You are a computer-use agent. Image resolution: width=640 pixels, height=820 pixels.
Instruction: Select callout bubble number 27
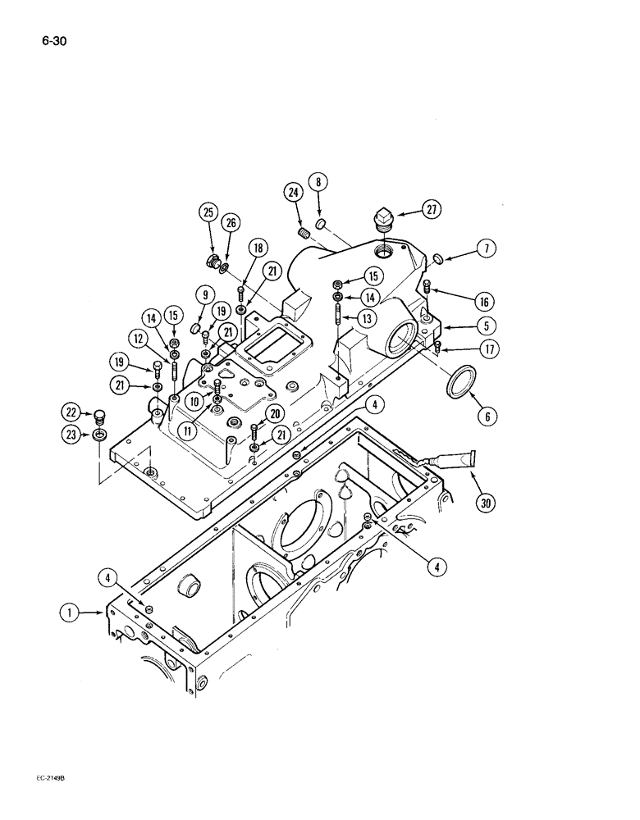pos(430,210)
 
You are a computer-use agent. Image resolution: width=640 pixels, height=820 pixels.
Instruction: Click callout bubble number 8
pos(318,182)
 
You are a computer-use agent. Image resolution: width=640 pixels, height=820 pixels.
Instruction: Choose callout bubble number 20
pos(275,415)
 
